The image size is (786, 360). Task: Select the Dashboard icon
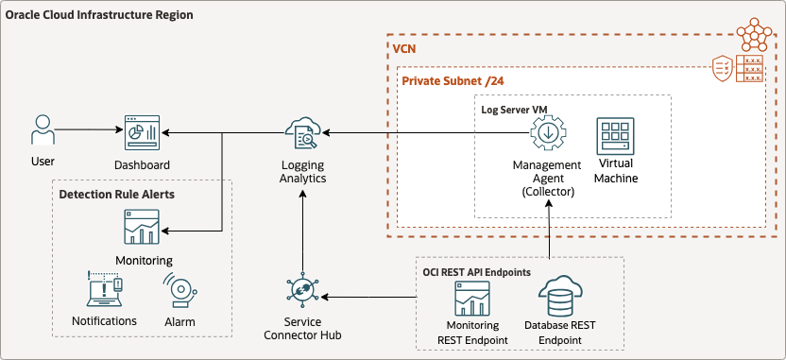[142, 133]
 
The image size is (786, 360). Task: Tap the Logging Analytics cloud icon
[303, 134]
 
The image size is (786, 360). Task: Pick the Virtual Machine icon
[615, 137]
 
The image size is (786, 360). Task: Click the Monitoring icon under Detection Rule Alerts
[142, 228]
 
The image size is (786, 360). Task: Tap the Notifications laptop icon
[104, 291]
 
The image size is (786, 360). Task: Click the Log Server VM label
[514, 109]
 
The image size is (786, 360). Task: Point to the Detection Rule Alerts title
[116, 194]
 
